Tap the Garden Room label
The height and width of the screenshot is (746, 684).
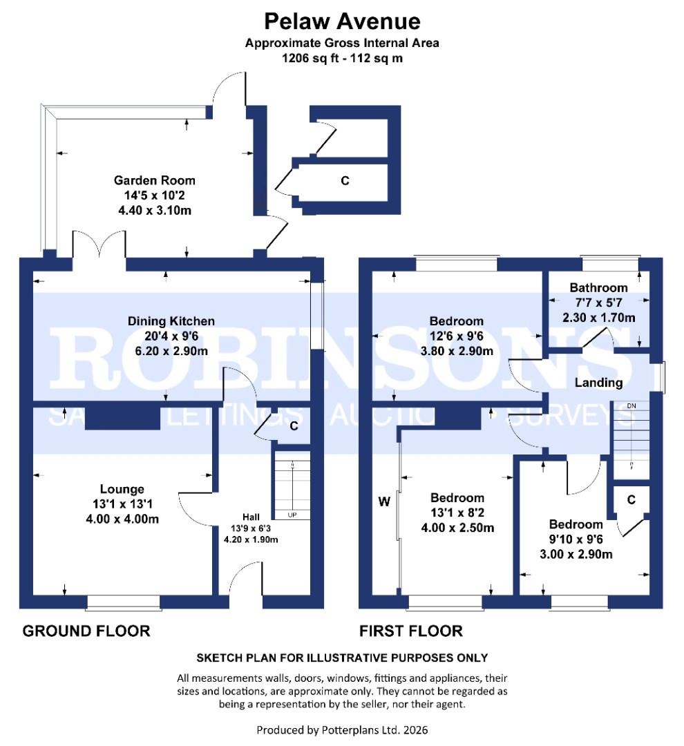[155, 180]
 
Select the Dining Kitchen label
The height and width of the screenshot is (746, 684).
[171, 321]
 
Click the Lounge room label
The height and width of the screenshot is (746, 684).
[121, 489]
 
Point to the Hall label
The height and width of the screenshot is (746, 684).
[251, 517]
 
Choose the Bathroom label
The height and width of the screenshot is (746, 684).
[598, 288]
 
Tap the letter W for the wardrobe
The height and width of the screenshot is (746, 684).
[384, 501]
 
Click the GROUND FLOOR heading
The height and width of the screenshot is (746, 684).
[86, 631]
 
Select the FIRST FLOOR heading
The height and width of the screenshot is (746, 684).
[410, 631]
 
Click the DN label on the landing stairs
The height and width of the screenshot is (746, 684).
[631, 405]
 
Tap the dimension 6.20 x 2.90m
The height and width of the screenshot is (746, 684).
[171, 350]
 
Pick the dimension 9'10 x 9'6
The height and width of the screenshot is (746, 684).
[577, 539]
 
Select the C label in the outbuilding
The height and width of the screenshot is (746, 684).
[345, 181]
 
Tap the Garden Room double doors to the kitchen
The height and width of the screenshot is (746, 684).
[99, 245]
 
